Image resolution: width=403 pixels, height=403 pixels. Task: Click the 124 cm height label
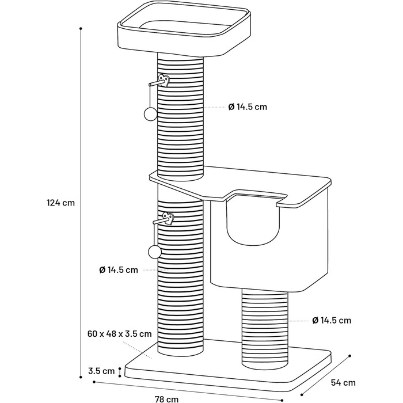click(60, 203)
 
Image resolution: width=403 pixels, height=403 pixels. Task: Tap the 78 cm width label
click(166, 399)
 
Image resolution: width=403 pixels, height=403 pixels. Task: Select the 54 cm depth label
click(343, 383)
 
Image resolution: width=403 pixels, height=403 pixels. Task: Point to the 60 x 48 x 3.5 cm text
click(120, 334)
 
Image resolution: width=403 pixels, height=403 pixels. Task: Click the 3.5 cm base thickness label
click(101, 371)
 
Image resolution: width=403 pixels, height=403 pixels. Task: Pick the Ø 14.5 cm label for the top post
click(248, 107)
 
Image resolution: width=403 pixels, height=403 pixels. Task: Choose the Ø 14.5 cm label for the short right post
click(332, 320)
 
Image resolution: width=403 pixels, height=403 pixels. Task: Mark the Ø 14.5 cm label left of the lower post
click(119, 270)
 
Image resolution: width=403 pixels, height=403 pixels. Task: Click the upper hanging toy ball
click(150, 114)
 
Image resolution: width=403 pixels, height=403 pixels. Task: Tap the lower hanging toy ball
click(155, 252)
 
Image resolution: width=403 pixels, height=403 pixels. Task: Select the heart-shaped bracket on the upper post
click(164, 80)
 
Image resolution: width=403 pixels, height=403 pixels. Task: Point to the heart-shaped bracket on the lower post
click(168, 219)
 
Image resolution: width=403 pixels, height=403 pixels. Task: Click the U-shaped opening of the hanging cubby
click(252, 222)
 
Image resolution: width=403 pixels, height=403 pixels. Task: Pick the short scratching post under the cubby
click(265, 329)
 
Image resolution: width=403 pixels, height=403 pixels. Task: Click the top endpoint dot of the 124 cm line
click(81, 29)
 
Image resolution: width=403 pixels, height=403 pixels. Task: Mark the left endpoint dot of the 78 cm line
click(94, 382)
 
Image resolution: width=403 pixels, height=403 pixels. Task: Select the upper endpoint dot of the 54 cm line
click(349, 356)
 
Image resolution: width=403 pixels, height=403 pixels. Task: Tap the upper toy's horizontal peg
click(156, 83)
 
